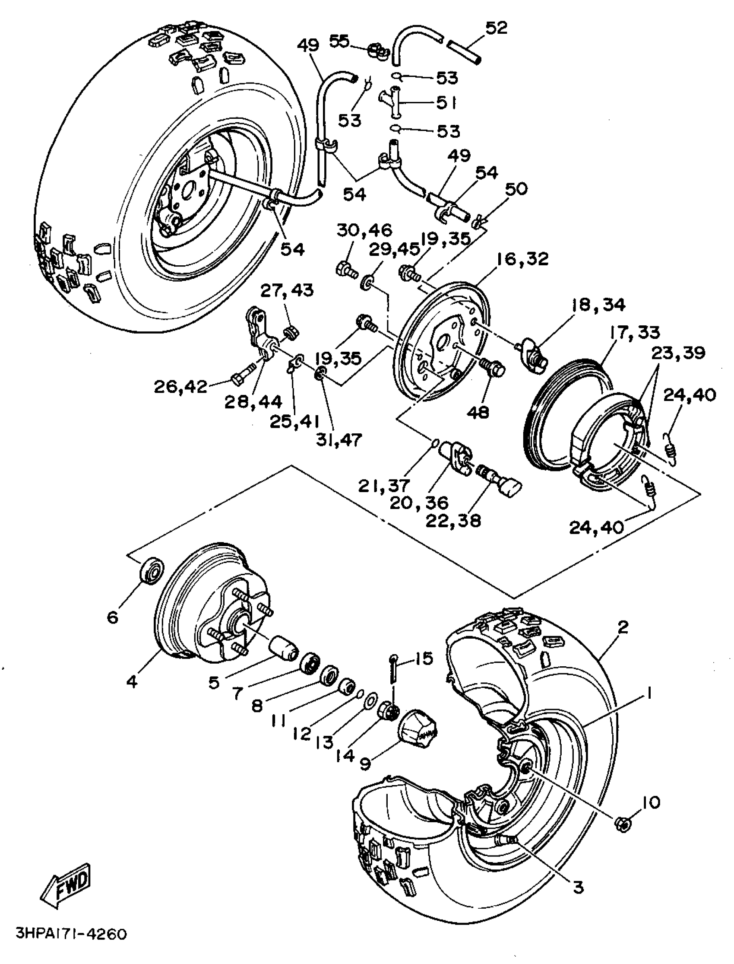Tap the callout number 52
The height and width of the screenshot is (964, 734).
point(497,28)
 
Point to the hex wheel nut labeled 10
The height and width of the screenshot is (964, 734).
point(622,824)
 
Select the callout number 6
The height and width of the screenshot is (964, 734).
point(113,617)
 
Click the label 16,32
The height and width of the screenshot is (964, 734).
point(522,259)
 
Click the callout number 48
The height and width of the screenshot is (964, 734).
point(478,412)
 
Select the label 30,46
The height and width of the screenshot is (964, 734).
point(364,230)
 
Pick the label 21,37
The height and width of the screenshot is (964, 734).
point(384,485)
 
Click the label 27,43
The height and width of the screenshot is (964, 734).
point(288,290)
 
